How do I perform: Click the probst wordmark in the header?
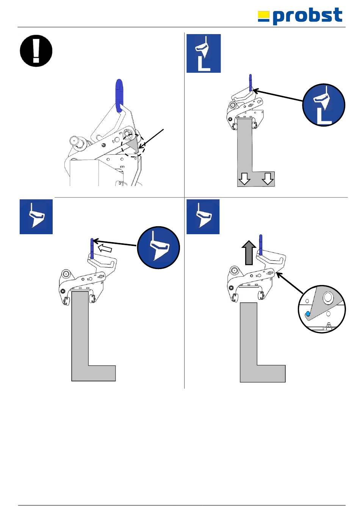pyautogui.click(x=307, y=16)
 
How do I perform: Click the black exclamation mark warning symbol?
pyautogui.click(x=36, y=51)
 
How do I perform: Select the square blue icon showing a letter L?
pyautogui.click(x=203, y=53)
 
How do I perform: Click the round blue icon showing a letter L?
pyautogui.click(x=324, y=105)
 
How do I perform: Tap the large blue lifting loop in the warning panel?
pyautogui.click(x=119, y=95)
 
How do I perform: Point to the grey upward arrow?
pyautogui.click(x=249, y=252)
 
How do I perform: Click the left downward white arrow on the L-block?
pyautogui.click(x=244, y=178)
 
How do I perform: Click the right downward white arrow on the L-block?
pyautogui.click(x=268, y=178)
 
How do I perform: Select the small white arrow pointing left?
pyautogui.click(x=105, y=248)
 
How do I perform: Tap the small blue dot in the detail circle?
pyautogui.click(x=308, y=314)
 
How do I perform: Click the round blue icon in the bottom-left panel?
pyautogui.click(x=158, y=247)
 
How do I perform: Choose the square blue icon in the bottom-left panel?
pyautogui.click(x=36, y=217)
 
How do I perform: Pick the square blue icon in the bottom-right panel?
pyautogui.click(x=203, y=217)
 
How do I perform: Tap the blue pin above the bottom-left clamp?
pyautogui.click(x=92, y=249)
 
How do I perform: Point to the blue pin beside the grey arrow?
pyautogui.click(x=260, y=244)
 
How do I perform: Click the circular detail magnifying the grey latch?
pyautogui.click(x=322, y=309)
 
